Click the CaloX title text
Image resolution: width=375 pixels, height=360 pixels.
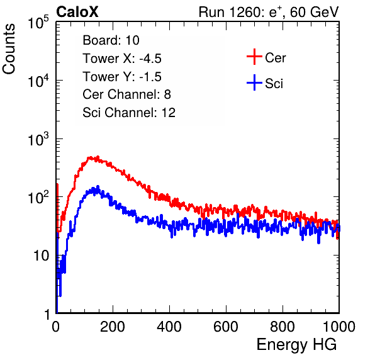[77, 12]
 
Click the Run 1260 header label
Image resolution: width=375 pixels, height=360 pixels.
[269, 12]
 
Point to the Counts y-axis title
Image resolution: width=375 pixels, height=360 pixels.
[9, 48]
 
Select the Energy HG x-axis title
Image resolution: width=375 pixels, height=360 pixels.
[296, 345]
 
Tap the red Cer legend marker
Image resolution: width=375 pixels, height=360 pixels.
[254, 57]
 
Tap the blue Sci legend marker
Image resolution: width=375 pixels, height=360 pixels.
[254, 83]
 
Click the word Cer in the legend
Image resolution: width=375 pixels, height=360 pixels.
[275, 58]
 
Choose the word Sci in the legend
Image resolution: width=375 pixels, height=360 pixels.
[274, 84]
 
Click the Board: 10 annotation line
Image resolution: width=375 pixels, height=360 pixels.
[111, 40]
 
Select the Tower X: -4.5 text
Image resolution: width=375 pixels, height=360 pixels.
[122, 59]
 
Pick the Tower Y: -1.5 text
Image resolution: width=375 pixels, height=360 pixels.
[122, 77]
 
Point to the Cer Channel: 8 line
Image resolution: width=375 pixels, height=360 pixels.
[126, 94]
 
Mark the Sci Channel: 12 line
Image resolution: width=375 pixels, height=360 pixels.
[129, 113]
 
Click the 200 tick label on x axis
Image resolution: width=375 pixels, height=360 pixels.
[113, 327]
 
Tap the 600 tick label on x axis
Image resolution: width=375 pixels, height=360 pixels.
[226, 327]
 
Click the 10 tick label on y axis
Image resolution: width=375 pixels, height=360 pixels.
[42, 256]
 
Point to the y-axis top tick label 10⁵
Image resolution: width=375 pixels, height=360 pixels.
[38, 22]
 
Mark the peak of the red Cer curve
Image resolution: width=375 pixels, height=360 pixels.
[98, 157]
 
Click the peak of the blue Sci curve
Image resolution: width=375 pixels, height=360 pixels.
[98, 186]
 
